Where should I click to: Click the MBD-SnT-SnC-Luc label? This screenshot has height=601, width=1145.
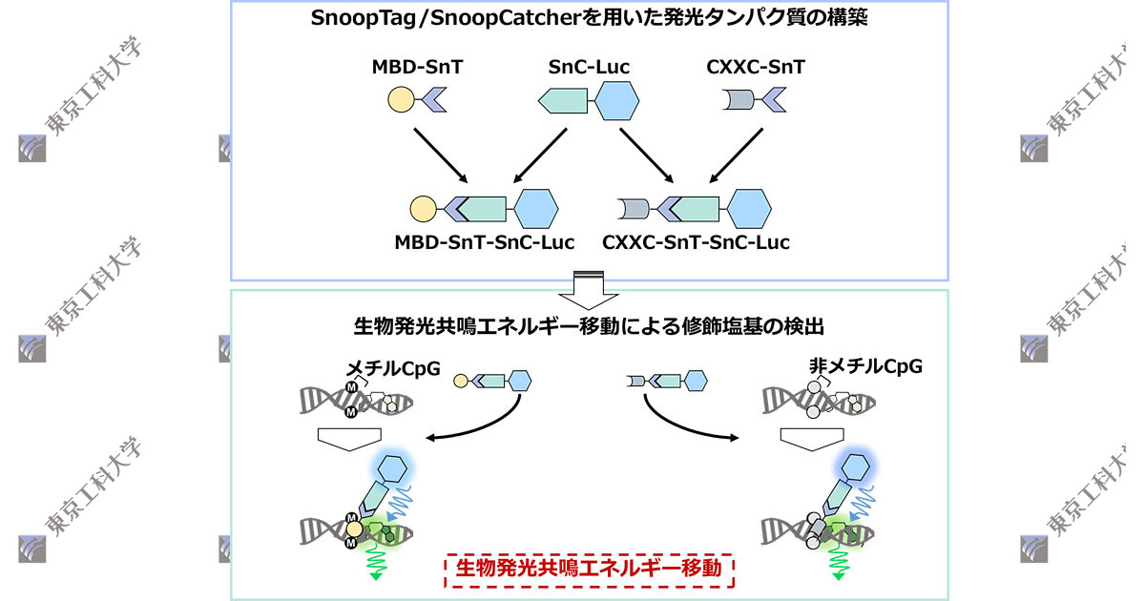click(x=485, y=242)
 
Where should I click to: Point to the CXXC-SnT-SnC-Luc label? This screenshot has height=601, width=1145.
click(x=696, y=242)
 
